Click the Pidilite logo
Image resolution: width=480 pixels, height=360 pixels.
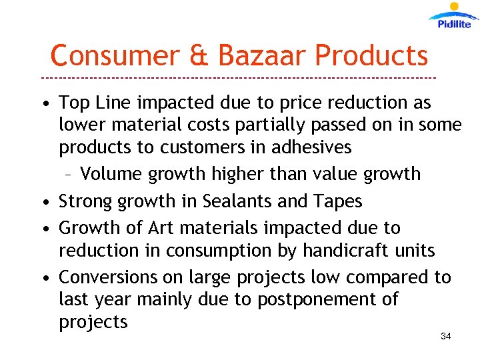click(x=454, y=17)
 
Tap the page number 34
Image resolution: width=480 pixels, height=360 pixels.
click(x=446, y=337)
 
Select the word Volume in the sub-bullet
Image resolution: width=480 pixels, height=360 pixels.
click(x=111, y=175)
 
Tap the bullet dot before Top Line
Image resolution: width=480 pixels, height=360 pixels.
click(x=44, y=104)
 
